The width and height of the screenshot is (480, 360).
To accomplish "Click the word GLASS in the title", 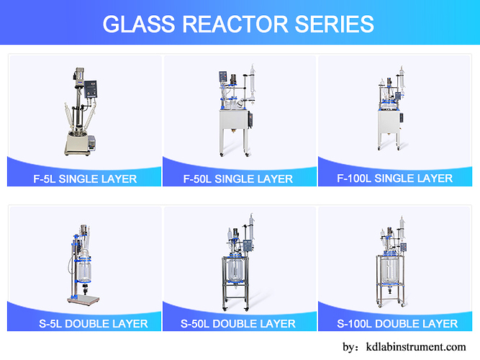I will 138,24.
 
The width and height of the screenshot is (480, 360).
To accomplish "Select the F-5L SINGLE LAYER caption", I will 86,178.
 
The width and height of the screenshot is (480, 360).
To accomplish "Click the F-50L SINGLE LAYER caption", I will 240,179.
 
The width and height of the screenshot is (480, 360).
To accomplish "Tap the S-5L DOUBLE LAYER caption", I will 85,323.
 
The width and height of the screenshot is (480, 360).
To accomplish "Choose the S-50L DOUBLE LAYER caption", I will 240,323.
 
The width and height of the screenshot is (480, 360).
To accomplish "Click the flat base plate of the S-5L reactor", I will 85,299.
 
